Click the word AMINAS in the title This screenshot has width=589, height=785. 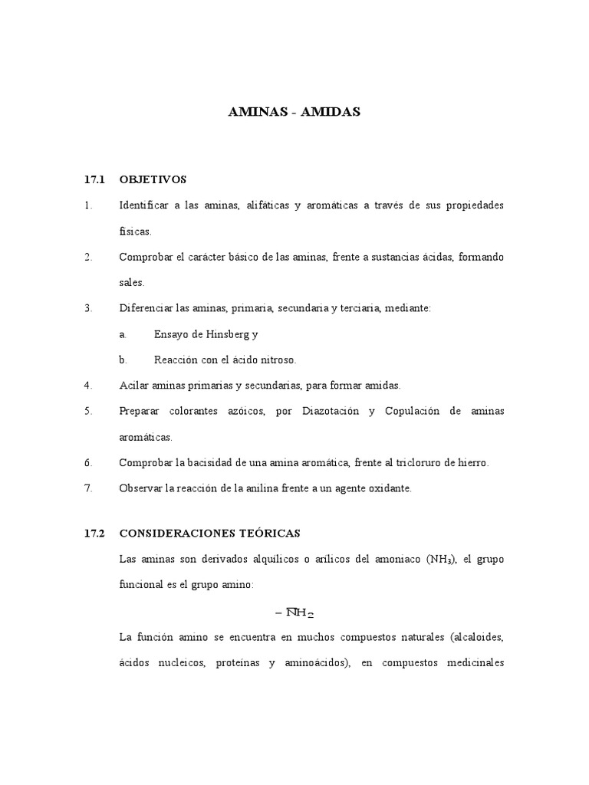tap(257, 112)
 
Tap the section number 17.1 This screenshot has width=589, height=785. tap(94, 179)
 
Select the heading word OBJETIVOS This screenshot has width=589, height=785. tap(153, 179)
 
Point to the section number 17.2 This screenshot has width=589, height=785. tap(94, 532)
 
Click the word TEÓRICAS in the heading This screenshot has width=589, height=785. tap(271, 532)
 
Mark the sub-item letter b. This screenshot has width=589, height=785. tap(122, 359)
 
